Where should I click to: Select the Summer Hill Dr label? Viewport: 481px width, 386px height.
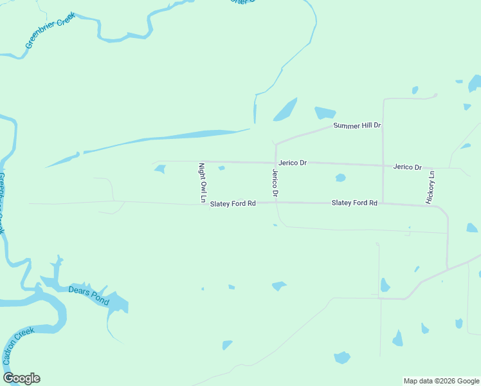[358, 125]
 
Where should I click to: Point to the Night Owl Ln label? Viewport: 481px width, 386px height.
[201, 183]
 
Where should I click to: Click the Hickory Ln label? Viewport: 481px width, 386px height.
[431, 188]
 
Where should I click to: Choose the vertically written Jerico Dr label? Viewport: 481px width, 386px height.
[275, 183]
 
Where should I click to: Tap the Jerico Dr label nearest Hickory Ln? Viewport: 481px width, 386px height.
[407, 167]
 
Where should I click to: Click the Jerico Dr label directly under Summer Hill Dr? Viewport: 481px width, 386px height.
[293, 163]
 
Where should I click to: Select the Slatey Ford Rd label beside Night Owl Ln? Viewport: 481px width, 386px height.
[233, 204]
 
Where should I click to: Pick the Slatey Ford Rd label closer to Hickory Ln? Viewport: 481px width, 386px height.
[354, 203]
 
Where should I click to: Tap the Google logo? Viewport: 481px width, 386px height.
[21, 378]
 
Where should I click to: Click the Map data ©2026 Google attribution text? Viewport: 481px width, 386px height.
[441, 381]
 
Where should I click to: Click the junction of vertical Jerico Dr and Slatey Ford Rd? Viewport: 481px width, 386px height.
[276, 203]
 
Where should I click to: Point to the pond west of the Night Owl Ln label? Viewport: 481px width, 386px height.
[159, 169]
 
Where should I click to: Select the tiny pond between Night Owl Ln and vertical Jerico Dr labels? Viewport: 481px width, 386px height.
[221, 169]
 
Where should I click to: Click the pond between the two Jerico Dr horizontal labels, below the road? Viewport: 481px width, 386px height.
[340, 178]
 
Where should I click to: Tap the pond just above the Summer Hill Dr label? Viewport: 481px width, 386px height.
[325, 113]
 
